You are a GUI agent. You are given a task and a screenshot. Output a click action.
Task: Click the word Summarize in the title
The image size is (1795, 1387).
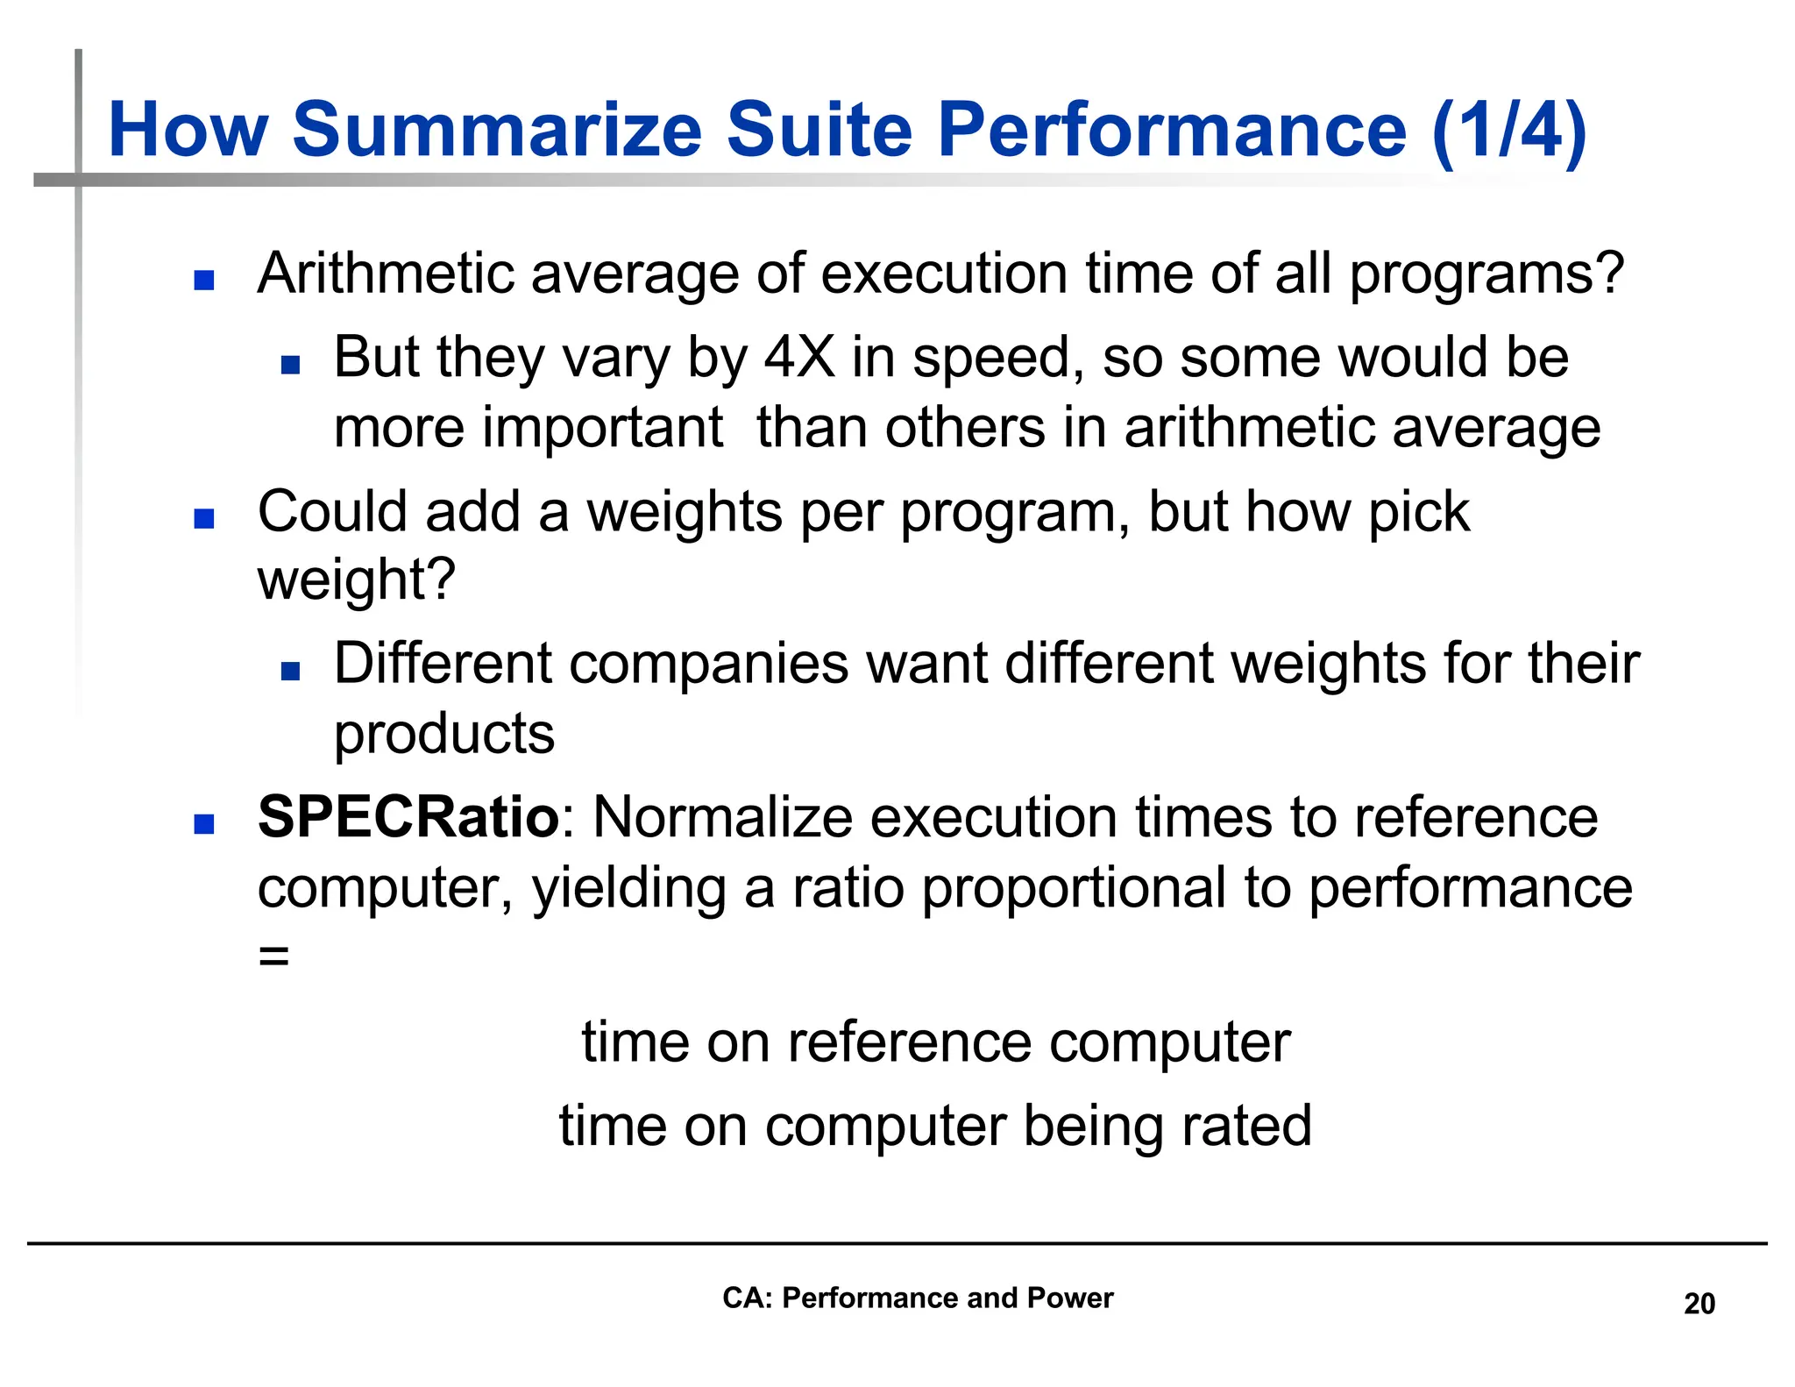pyautogui.click(x=497, y=130)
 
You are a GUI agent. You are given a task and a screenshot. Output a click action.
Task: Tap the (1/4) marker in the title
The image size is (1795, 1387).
pyautogui.click(x=1509, y=130)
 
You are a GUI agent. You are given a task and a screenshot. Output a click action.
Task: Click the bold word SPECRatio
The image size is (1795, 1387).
pyautogui.click(x=408, y=817)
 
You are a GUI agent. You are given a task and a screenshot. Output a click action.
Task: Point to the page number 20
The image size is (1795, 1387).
pyautogui.click(x=1699, y=1304)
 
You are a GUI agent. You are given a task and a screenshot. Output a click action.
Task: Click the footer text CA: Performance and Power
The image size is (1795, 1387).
pyautogui.click(x=917, y=1298)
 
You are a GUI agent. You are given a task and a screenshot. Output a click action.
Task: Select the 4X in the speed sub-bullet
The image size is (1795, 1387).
pyautogui.click(x=799, y=358)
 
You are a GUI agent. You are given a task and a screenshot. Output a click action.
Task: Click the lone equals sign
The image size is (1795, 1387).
pyautogui.click(x=273, y=956)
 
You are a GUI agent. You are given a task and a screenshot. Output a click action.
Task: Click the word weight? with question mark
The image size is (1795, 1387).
pyautogui.click(x=357, y=580)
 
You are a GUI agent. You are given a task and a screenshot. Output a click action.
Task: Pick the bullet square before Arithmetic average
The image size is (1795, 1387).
pyautogui.click(x=204, y=280)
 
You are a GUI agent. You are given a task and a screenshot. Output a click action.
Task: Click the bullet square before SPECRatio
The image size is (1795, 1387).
pyautogui.click(x=204, y=823)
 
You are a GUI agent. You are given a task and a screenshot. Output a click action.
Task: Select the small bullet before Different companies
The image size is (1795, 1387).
pyautogui.click(x=290, y=672)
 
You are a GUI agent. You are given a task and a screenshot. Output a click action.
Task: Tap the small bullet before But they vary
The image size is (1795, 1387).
pyautogui.click(x=290, y=365)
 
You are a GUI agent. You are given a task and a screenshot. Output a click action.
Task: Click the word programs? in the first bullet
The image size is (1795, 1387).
pyautogui.click(x=1486, y=275)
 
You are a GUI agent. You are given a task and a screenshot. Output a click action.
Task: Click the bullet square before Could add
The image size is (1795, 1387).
pyautogui.click(x=204, y=518)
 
